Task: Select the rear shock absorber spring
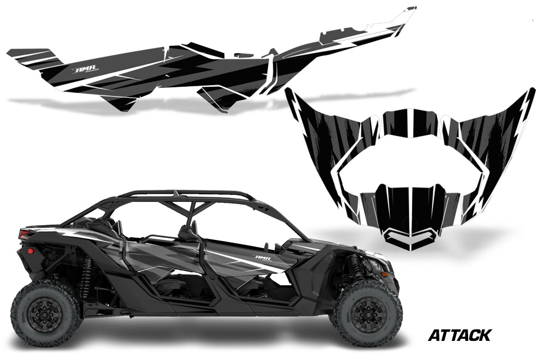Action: point(87,275)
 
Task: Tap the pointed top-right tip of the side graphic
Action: point(411,10)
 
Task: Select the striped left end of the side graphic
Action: point(33,57)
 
